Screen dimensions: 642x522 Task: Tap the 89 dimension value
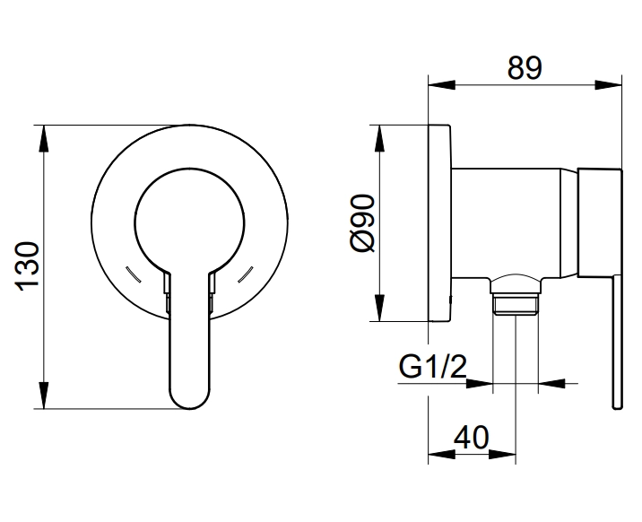pyautogui.click(x=525, y=67)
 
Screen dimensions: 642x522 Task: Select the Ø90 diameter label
pyautogui.click(x=363, y=223)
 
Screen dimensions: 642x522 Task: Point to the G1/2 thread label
pyautogui.click(x=432, y=367)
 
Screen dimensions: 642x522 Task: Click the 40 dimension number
pyautogui.click(x=471, y=437)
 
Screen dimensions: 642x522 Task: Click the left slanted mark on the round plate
pyautogui.click(x=133, y=274)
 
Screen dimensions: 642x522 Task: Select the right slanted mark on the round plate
pyautogui.click(x=246, y=274)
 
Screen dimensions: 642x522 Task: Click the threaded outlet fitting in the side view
pyautogui.click(x=515, y=296)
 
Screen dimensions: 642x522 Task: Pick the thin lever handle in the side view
pyautogui.click(x=617, y=342)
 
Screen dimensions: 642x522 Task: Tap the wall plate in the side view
pyautogui.click(x=439, y=223)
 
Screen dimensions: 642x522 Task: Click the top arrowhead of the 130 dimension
pyautogui.click(x=44, y=139)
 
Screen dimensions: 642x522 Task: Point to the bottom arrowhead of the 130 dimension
pyautogui.click(x=44, y=395)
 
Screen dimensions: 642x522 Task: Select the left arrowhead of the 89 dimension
pyautogui.click(x=442, y=85)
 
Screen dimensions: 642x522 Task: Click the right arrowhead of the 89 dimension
pyautogui.click(x=608, y=85)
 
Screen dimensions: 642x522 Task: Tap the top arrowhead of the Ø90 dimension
pyautogui.click(x=380, y=139)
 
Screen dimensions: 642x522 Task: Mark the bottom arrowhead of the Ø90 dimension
pyautogui.click(x=380, y=308)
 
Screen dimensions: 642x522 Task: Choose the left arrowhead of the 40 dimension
pyautogui.click(x=442, y=454)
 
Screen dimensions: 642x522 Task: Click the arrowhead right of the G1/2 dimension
pyautogui.click(x=551, y=384)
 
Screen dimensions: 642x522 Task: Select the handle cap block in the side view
pyautogui.click(x=600, y=222)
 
